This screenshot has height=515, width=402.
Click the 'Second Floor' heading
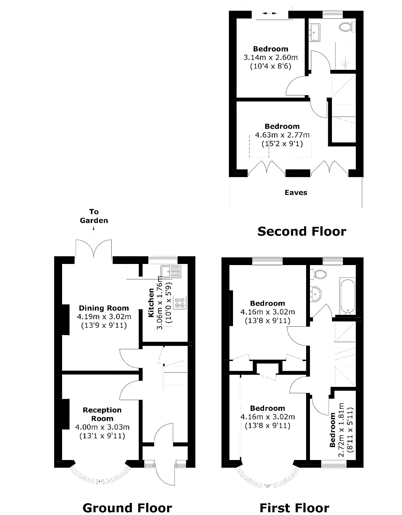(x=302, y=231)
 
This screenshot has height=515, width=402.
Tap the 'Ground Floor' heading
(x=127, y=507)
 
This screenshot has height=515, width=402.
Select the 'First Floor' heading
(x=294, y=507)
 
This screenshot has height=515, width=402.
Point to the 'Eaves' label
(x=296, y=192)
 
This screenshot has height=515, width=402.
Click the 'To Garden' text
(x=94, y=216)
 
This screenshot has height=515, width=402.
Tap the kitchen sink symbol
(x=171, y=271)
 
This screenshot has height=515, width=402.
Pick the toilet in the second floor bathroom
(x=346, y=27)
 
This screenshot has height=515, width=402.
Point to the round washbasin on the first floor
(x=316, y=294)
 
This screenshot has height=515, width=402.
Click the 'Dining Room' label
(x=104, y=308)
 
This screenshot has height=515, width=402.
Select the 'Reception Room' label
(x=102, y=414)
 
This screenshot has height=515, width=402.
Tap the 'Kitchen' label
(x=151, y=302)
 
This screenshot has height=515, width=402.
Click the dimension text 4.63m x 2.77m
(x=282, y=135)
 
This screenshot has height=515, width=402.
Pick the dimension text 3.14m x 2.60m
(x=271, y=57)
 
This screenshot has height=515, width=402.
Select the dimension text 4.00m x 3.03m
(x=102, y=427)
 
